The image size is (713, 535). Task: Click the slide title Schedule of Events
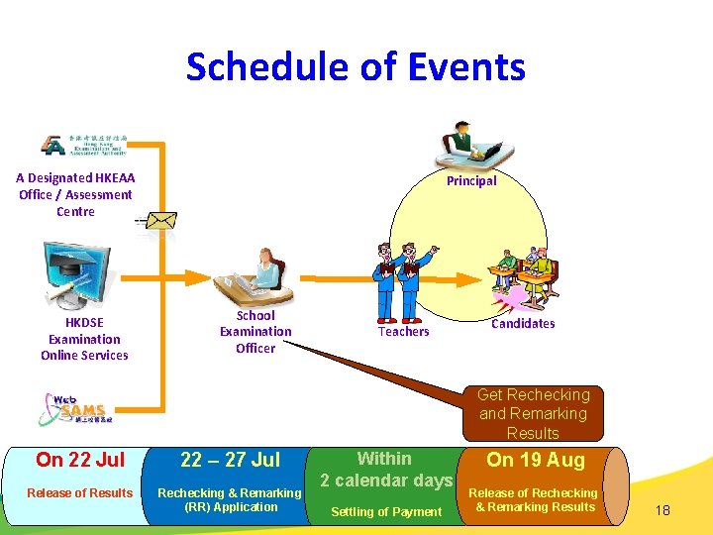356,67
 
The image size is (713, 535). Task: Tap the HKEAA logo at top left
84,145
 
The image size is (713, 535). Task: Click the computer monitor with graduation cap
77,274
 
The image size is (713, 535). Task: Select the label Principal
471,181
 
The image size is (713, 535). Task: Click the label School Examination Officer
255,332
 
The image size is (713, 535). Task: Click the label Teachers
403,332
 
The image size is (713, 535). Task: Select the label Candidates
523,324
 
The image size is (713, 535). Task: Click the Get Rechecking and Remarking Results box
533,414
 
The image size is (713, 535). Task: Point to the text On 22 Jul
80,460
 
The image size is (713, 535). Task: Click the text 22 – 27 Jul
230,460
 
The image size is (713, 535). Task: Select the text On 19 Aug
535,460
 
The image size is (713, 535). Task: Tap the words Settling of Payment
386,511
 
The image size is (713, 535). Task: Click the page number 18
662,510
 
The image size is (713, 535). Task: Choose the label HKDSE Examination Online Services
84,339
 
